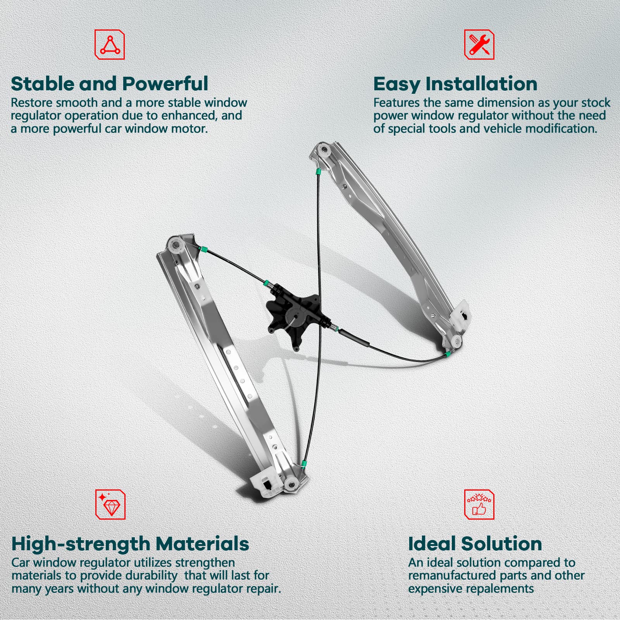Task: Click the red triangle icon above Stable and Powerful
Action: click(x=110, y=45)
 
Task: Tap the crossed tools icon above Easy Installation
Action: click(x=479, y=45)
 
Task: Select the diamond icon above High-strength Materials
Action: click(x=110, y=504)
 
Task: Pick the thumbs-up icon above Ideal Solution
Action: click(x=479, y=504)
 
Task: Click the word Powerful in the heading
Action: click(x=165, y=84)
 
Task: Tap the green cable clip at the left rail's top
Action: click(x=201, y=248)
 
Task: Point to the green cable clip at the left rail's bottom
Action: click(x=305, y=463)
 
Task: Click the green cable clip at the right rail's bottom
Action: click(x=448, y=353)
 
